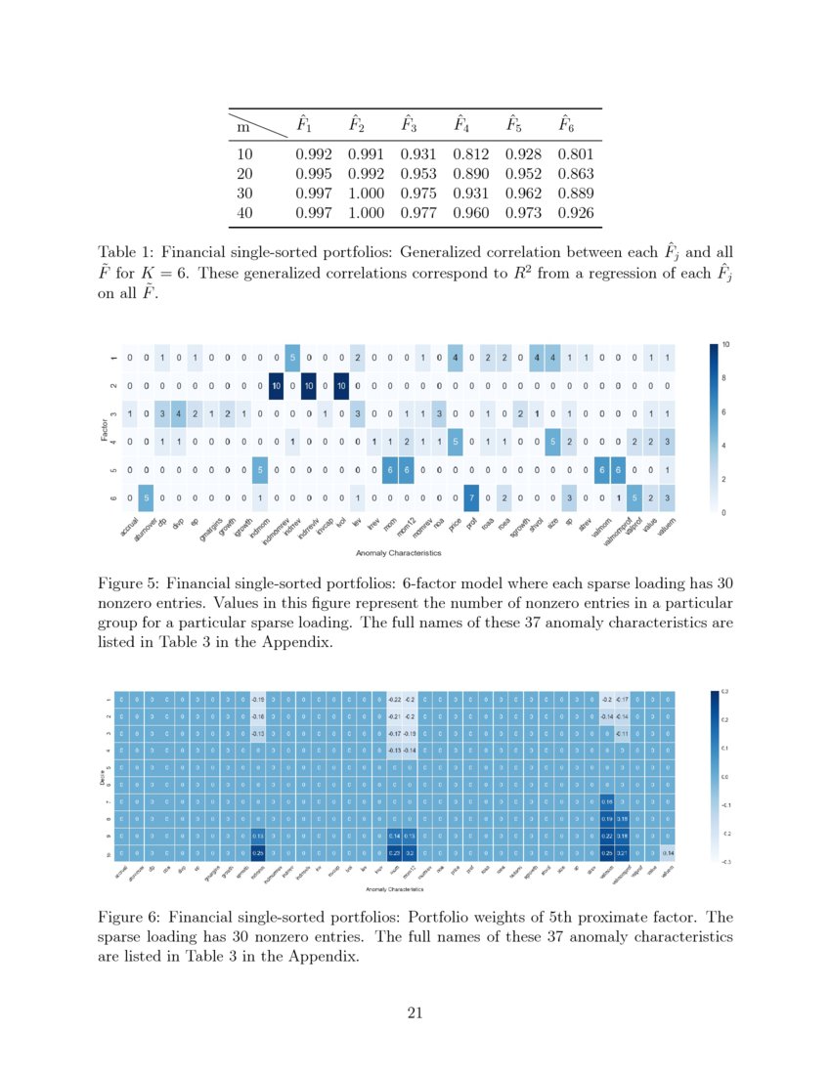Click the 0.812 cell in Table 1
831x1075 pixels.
coord(472,153)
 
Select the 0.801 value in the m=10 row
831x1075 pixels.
coord(576,153)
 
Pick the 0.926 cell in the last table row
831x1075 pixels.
coord(576,212)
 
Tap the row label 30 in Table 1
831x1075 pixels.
coord(245,193)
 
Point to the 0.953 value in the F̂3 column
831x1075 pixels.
coord(419,173)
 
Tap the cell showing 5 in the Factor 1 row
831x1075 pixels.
coord(291,357)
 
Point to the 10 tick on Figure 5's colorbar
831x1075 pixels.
coord(726,344)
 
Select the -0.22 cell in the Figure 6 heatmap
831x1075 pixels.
coord(394,700)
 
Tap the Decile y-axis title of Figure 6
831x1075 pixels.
coord(104,777)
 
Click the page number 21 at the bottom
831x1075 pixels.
coord(415,1011)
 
